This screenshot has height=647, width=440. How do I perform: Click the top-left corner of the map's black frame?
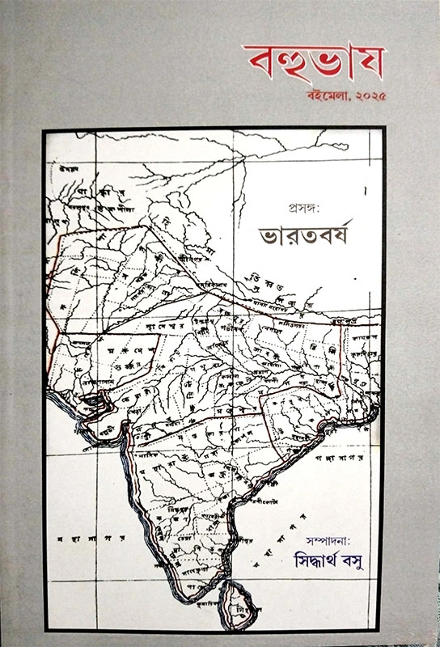point(45,129)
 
